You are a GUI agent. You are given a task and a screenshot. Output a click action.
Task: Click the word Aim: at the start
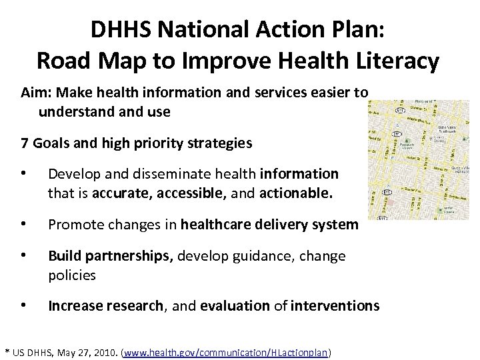36,94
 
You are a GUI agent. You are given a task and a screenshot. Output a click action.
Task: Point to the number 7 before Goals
25,143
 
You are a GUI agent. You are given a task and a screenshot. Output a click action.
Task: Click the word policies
72,275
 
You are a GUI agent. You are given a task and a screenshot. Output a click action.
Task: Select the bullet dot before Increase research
25,306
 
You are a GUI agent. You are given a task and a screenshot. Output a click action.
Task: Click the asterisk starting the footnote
7,351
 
